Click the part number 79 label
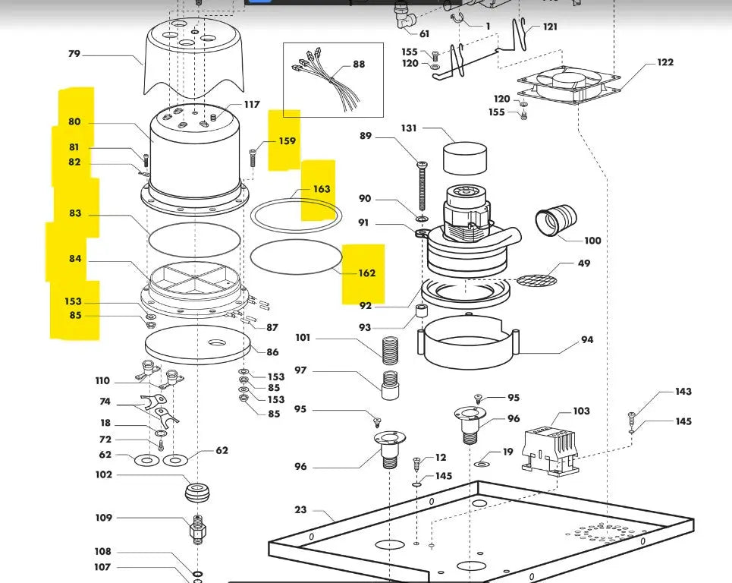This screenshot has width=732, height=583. click(x=74, y=54)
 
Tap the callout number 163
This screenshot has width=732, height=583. click(x=322, y=189)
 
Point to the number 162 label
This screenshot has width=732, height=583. click(x=366, y=273)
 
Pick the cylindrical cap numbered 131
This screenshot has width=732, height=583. click(x=463, y=158)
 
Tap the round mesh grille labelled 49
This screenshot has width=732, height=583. click(x=536, y=280)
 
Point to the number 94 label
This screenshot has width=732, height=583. click(x=587, y=340)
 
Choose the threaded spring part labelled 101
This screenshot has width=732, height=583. click(x=388, y=351)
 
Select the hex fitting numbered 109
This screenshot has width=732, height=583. click(x=198, y=527)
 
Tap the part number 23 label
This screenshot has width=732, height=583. click(x=300, y=510)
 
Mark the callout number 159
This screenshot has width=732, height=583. click(x=287, y=141)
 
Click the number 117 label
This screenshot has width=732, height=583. click(x=252, y=105)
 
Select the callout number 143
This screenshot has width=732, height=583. click(x=683, y=392)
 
